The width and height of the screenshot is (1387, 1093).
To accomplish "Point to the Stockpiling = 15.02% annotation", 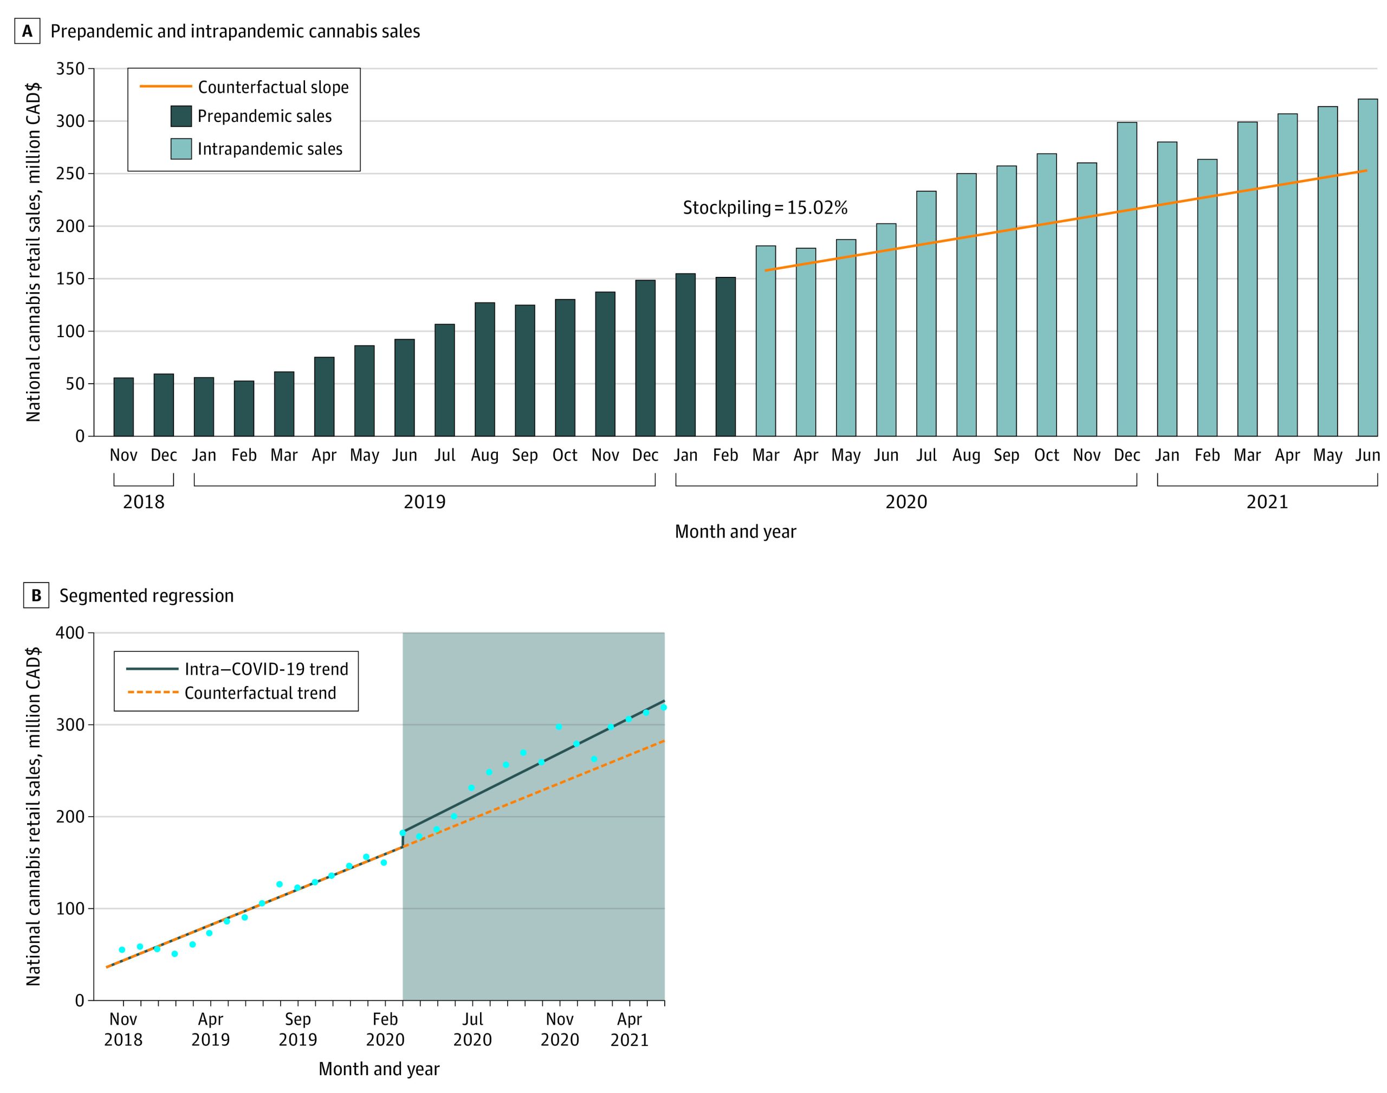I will (x=764, y=208).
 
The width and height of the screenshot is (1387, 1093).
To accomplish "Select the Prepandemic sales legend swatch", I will (x=181, y=117).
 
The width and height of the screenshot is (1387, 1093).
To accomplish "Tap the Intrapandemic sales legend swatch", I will (x=181, y=149).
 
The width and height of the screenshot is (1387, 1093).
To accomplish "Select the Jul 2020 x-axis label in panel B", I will (x=472, y=1029).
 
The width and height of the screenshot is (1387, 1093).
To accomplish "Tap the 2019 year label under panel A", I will (x=424, y=502).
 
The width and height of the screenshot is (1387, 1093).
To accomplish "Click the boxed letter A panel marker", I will (x=28, y=31).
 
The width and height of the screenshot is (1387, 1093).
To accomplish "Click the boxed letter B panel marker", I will (x=36, y=596).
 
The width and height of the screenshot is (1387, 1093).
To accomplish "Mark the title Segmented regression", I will (x=146, y=596).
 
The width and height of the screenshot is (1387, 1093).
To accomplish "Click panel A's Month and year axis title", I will (x=735, y=532).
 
